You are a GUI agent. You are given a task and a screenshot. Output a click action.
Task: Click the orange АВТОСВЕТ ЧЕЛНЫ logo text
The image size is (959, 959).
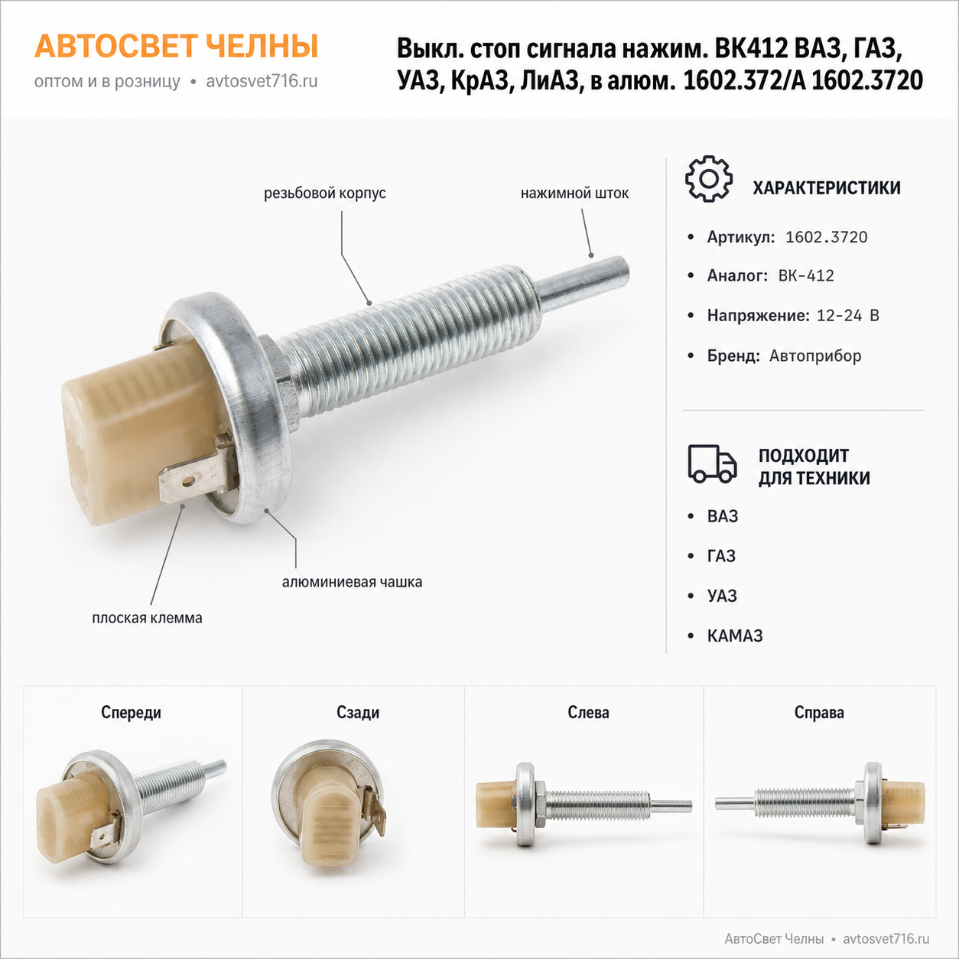click(x=176, y=47)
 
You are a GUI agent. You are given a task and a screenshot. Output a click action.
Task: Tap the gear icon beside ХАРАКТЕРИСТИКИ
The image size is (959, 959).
click(x=709, y=179)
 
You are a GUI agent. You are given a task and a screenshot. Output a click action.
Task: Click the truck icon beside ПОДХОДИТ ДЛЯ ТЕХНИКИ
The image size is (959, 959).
click(x=712, y=464)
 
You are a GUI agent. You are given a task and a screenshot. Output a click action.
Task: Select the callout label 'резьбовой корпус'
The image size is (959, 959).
click(x=324, y=193)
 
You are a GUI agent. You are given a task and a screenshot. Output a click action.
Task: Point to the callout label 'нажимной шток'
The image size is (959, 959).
click(x=574, y=193)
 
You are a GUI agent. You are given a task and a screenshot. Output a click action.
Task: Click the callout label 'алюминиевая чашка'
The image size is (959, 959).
click(x=352, y=582)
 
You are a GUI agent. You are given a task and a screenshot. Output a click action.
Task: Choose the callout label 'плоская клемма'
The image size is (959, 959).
click(x=147, y=618)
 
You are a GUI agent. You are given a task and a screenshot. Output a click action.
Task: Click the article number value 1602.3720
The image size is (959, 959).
click(x=826, y=237)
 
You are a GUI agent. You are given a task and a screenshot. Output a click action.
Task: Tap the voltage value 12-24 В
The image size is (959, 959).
click(x=847, y=316)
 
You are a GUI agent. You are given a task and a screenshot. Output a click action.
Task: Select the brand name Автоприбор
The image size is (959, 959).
click(x=815, y=356)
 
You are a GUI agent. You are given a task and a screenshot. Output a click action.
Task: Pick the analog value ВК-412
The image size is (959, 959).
click(x=806, y=276)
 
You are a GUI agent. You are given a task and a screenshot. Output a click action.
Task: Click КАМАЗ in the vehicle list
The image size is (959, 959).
click(x=735, y=636)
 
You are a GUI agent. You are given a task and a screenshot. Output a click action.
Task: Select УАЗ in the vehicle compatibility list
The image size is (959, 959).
click(x=722, y=596)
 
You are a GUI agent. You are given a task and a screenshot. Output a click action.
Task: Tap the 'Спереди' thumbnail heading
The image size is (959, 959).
click(x=131, y=713)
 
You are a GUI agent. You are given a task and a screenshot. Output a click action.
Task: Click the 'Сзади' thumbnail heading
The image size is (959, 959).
click(x=358, y=713)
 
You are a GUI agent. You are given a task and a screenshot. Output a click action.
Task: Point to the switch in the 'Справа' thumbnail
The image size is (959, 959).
click(x=820, y=803)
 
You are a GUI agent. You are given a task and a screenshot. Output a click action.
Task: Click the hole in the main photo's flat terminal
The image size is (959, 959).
click(x=187, y=482)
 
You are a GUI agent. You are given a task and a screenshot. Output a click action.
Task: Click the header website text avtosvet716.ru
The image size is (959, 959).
click(x=262, y=82)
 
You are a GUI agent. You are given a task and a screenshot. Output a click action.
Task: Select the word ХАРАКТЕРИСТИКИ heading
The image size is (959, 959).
click(x=827, y=188)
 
